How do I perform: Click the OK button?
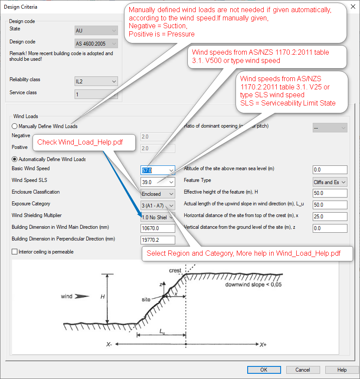click(x=264, y=370)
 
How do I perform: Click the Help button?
click(x=342, y=370)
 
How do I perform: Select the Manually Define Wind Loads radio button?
click(x=15, y=126)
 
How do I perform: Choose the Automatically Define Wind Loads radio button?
click(x=15, y=159)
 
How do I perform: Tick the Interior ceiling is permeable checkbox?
click(x=15, y=252)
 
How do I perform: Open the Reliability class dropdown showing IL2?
click(x=96, y=81)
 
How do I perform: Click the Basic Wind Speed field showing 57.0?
click(x=154, y=170)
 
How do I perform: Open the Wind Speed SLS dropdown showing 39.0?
click(x=158, y=182)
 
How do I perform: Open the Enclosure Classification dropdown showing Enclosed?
click(x=158, y=194)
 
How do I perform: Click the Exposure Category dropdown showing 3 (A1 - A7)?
click(x=158, y=205)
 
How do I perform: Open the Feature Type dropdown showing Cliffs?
click(x=330, y=182)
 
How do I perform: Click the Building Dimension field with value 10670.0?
click(x=158, y=228)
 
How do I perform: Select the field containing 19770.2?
click(x=158, y=240)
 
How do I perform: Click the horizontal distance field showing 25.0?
click(x=330, y=217)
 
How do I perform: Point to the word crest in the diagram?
click(x=175, y=270)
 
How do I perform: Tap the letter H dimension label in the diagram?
click(x=102, y=297)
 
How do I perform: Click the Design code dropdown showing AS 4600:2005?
click(x=96, y=43)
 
